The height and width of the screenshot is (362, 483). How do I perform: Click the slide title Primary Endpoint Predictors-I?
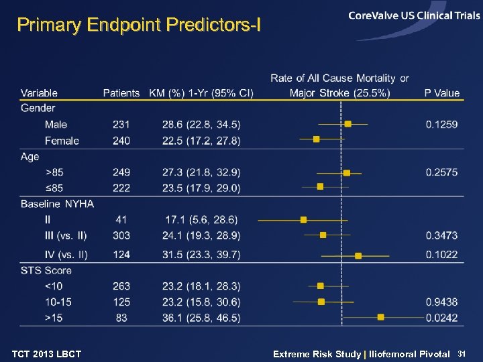coord(139,25)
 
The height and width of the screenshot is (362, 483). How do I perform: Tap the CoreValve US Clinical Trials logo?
coord(414,16)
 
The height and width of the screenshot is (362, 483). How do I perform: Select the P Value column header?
coord(441,93)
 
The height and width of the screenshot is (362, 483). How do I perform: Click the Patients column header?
coord(121,93)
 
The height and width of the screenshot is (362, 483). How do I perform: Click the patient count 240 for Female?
coord(121,140)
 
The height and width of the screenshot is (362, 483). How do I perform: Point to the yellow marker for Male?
coord(347,124)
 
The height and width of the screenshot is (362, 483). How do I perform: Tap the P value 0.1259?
coord(441,124)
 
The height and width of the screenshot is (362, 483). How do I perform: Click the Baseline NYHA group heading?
coord(57,203)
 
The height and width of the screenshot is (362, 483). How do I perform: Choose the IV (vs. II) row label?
coord(66,254)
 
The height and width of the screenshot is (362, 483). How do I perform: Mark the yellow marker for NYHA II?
coord(303,219)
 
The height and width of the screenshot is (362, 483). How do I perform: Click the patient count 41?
coord(121,219)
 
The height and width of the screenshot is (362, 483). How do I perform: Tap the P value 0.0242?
coord(441,317)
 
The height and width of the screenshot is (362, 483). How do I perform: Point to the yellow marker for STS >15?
coord(381,317)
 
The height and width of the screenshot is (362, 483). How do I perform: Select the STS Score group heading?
coord(46,270)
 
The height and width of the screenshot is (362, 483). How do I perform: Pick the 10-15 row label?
coord(58,302)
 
